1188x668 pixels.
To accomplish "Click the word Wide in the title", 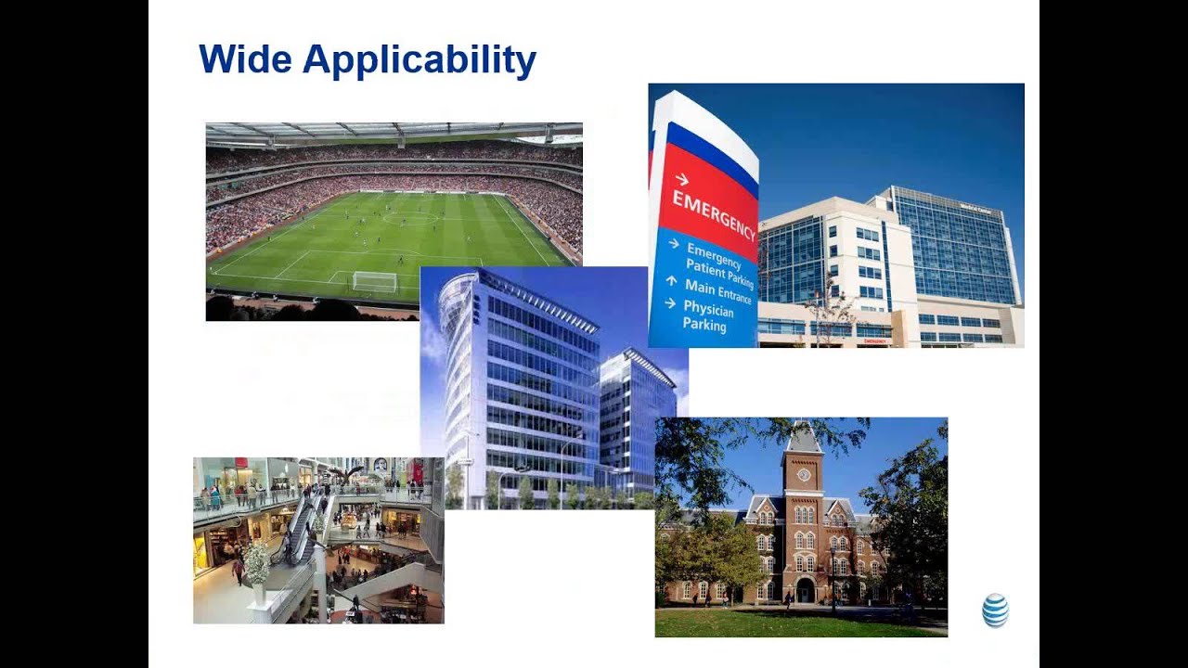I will (x=245, y=59).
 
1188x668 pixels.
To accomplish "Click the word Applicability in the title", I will (x=420, y=61).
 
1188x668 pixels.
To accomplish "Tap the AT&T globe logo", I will (x=995, y=610).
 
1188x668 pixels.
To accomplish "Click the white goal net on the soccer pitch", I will (x=374, y=281).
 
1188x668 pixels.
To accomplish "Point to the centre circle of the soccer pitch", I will (x=409, y=218).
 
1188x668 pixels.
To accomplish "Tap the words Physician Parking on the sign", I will (x=708, y=315).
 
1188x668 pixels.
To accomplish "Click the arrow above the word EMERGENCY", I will (x=682, y=179).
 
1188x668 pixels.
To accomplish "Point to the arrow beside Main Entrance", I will (x=670, y=279).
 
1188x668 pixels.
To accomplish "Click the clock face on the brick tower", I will (x=804, y=474).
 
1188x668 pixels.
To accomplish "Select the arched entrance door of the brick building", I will (x=805, y=590).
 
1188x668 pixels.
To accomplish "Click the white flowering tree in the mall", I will (x=255, y=561).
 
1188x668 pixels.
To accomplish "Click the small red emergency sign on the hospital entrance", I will (x=875, y=340).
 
